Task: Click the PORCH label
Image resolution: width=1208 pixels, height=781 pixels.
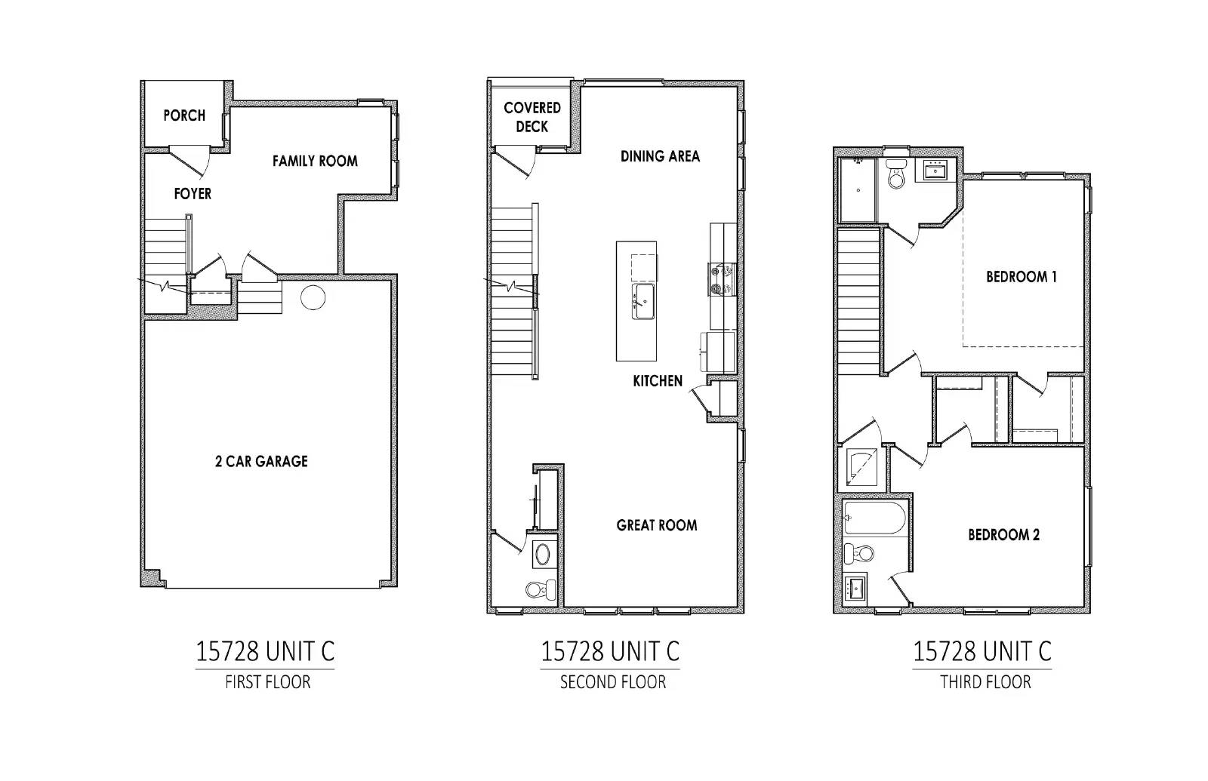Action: point(184,115)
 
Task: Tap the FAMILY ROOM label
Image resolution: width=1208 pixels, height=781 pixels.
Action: point(315,161)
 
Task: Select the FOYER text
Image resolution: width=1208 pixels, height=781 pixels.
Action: point(193,193)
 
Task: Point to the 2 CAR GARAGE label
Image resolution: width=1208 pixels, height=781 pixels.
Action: point(261,461)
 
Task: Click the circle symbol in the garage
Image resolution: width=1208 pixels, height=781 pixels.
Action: point(313,297)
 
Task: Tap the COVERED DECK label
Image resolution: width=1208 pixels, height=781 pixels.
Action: point(532,117)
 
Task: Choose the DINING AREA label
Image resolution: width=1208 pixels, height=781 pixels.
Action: point(660,156)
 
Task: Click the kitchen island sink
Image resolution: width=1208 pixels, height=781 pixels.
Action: point(643,301)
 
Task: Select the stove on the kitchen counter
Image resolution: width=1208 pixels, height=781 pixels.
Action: point(723,279)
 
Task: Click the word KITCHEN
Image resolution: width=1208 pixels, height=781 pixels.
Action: point(658,381)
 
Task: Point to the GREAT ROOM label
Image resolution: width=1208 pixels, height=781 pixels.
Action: point(657,525)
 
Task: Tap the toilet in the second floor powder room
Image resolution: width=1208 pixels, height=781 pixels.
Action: point(541,589)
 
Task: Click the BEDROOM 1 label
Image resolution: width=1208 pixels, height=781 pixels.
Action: point(1022,277)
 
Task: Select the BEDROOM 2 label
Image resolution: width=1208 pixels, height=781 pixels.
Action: point(1003,535)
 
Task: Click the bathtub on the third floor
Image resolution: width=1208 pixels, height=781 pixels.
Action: point(874,518)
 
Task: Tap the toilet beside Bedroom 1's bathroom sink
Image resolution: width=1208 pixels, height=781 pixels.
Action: point(896,174)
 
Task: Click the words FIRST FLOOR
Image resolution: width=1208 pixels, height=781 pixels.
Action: point(268,682)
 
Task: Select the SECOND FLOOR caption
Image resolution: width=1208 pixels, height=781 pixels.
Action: point(613,682)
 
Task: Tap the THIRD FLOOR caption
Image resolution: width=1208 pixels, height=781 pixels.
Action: point(986,682)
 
